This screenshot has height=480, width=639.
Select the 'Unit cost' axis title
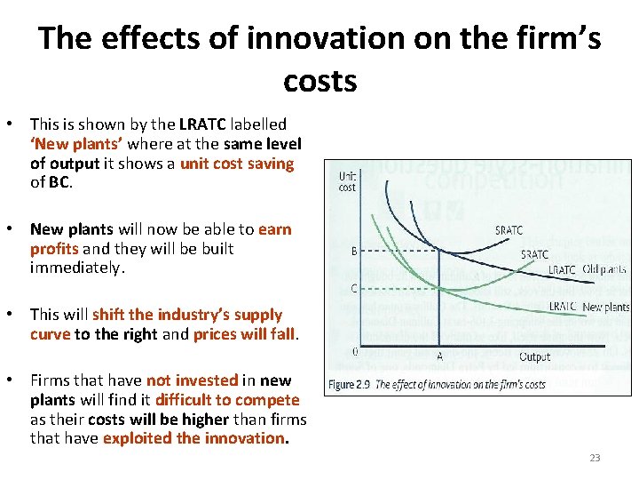pos(348,181)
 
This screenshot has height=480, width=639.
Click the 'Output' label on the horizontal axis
pos(534,356)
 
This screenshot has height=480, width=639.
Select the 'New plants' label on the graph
pos(605,307)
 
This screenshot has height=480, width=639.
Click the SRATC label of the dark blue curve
pos(509,230)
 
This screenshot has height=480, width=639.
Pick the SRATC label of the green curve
pos(533,254)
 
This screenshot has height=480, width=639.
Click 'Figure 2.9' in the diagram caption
pos(349,385)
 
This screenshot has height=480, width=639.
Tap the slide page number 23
pos(595,458)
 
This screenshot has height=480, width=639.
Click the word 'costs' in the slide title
pos(319,81)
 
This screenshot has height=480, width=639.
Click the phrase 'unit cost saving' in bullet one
pos(236,164)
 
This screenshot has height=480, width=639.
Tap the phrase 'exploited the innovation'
pos(195,438)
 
